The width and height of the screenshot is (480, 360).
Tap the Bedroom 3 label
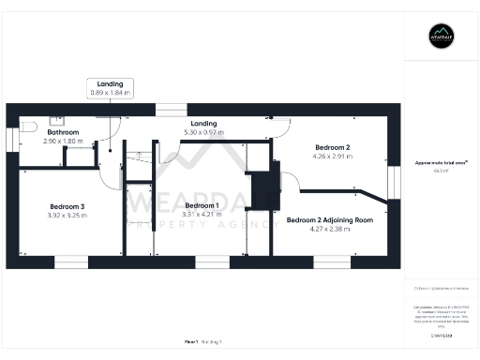pyautogui.click(x=67, y=206)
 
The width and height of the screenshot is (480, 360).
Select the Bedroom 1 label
pyautogui.click(x=201, y=205)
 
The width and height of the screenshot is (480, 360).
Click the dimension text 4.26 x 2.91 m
pyautogui.click(x=332, y=157)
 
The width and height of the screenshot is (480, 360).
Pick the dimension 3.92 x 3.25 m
pyautogui.click(x=67, y=215)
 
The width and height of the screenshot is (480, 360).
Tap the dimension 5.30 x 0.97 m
pyautogui.click(x=203, y=132)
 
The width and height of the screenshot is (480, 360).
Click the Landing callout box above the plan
pyautogui.click(x=110, y=89)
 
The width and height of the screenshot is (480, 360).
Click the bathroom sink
pyautogui.click(x=56, y=119)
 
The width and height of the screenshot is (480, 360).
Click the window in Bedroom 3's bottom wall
pyautogui.click(x=71, y=262)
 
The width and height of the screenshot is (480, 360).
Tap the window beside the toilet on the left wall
pyautogui.click(x=11, y=138)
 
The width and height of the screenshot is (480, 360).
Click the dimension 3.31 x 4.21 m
pyautogui.click(x=201, y=214)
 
